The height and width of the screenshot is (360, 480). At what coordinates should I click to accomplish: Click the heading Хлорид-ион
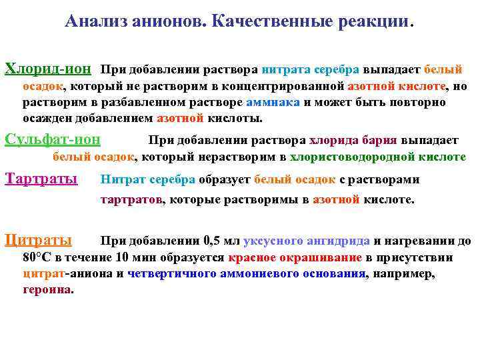pyautogui.click(x=48, y=69)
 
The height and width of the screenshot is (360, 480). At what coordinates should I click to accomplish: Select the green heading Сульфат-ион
pyautogui.click(x=53, y=139)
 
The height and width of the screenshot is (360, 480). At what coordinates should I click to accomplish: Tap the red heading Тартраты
pyautogui.click(x=41, y=179)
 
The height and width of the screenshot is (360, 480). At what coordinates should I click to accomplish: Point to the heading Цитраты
pyautogui.click(x=38, y=240)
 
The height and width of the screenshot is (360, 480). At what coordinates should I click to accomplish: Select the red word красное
pyautogui.click(x=253, y=258)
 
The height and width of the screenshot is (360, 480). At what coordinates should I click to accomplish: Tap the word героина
pyautogui.click(x=48, y=290)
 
